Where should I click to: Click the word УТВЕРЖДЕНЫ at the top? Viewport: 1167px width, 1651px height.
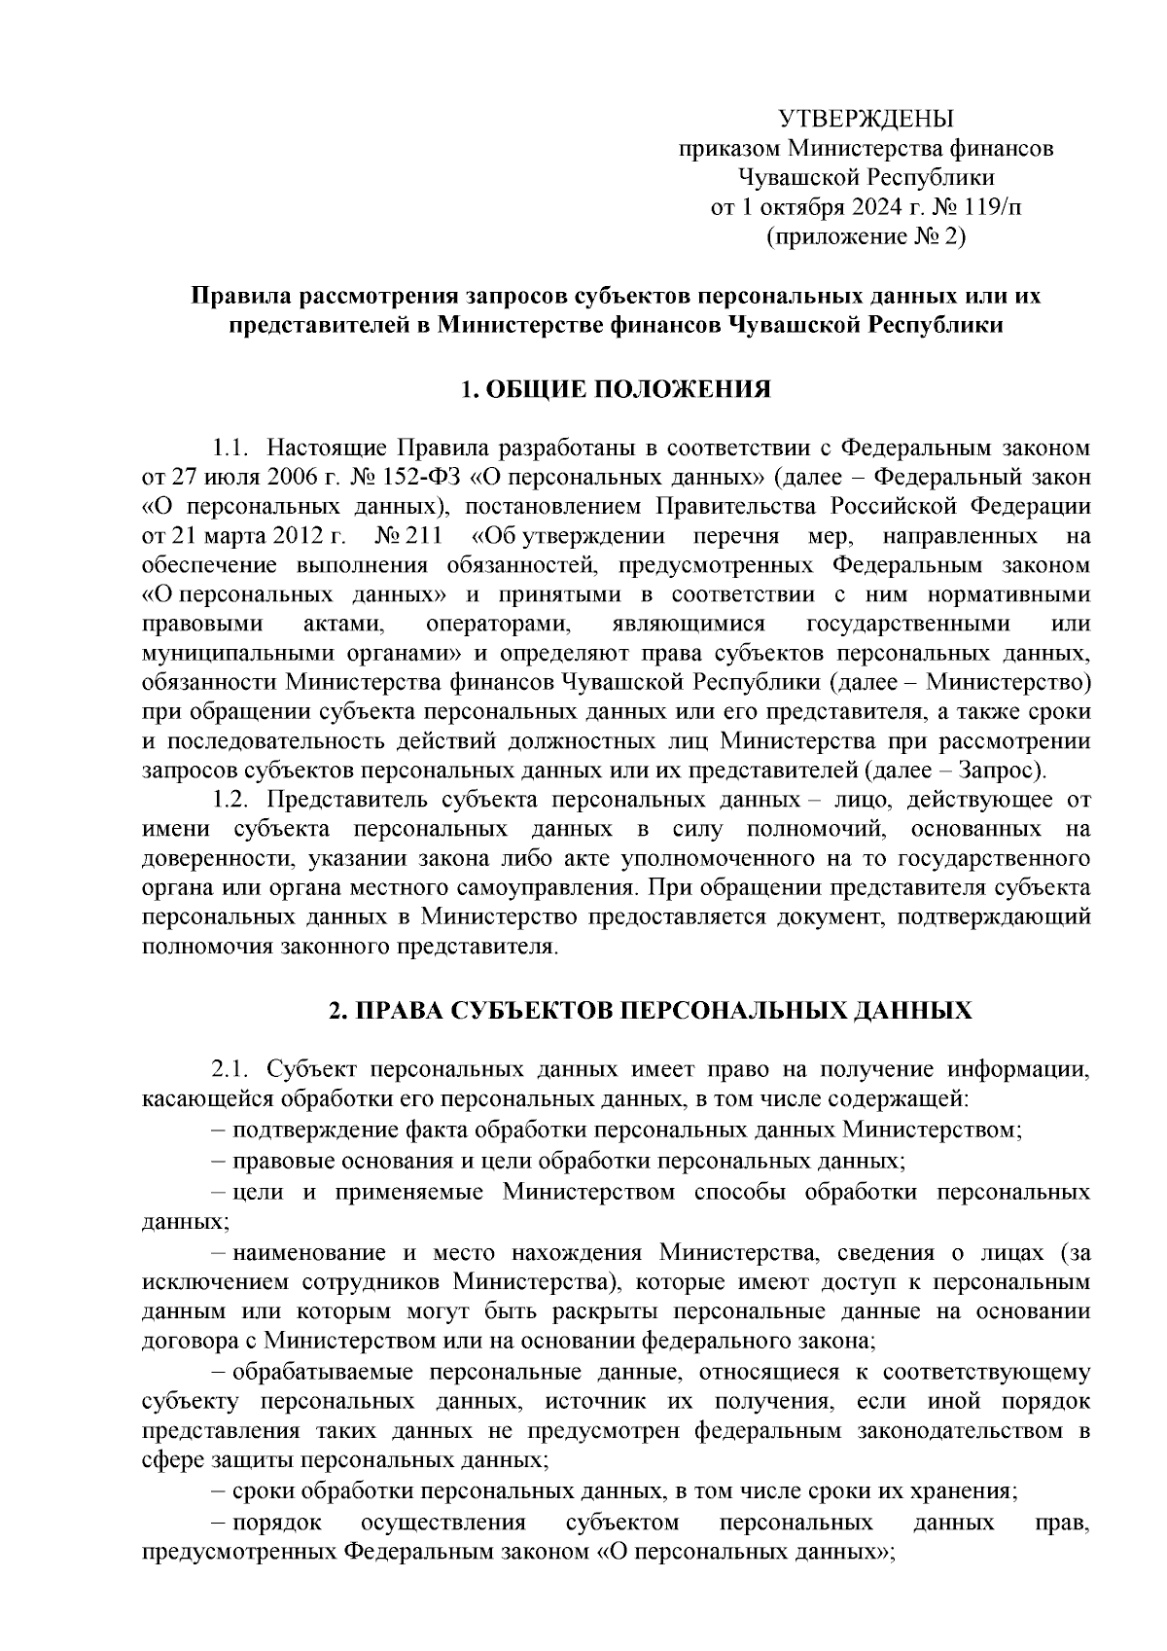tap(866, 120)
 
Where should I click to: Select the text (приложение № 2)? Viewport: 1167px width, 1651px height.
tap(866, 235)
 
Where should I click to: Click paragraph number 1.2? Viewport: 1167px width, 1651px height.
tap(232, 800)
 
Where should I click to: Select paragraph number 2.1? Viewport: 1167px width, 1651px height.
tap(232, 1070)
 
